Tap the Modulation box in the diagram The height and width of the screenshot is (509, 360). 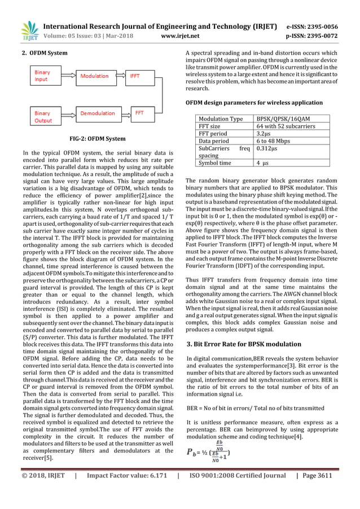point(94,76)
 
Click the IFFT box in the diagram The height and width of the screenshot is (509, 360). point(135,76)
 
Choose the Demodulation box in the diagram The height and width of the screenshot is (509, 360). point(97,113)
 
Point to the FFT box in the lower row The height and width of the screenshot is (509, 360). point(139,113)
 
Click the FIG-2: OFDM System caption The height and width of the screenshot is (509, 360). point(98,138)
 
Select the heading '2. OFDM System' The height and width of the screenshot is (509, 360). point(45,53)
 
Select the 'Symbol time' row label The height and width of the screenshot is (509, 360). point(214,163)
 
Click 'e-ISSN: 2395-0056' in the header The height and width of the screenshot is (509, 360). point(320,27)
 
